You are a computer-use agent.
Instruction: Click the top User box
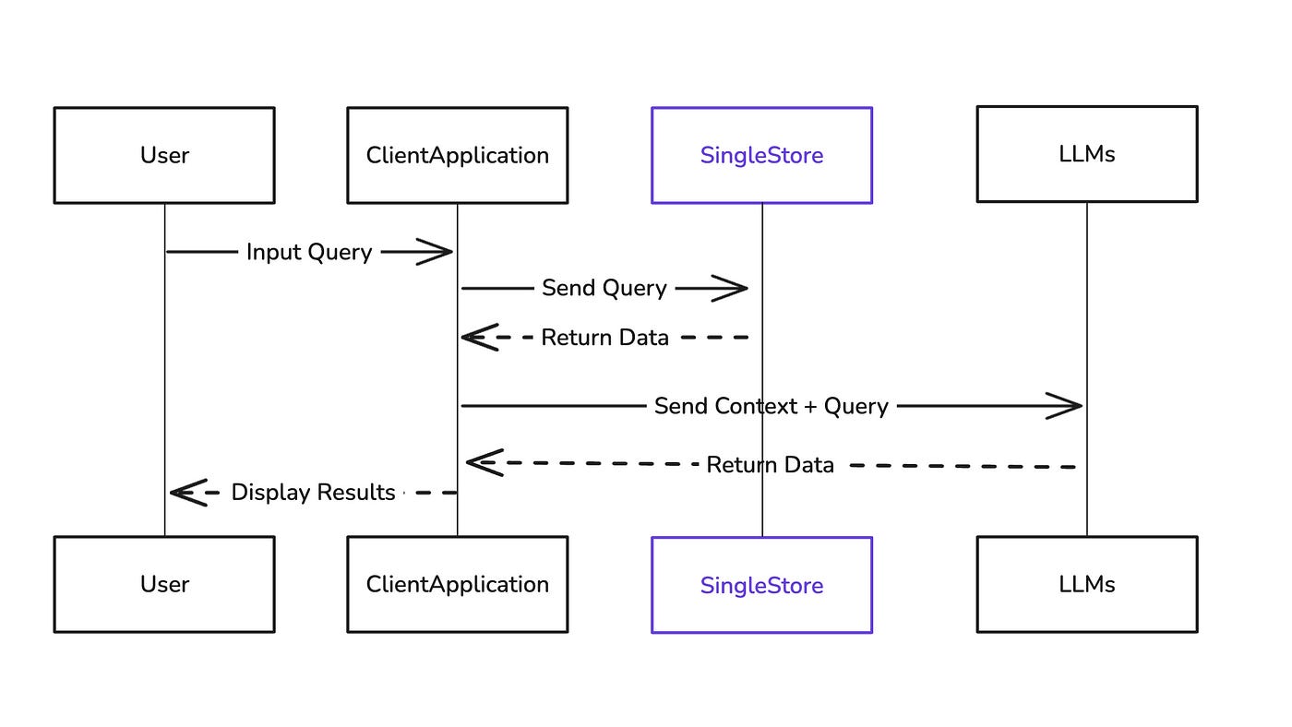click(164, 155)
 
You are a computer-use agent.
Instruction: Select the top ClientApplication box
click(458, 155)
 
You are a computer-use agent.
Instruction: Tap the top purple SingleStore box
click(762, 155)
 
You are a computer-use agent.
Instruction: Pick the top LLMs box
click(1087, 154)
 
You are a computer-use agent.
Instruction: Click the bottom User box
click(164, 585)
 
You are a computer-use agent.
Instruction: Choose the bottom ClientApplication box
click(458, 585)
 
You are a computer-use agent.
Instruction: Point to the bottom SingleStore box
click(762, 585)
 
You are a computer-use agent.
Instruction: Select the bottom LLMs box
click(1087, 585)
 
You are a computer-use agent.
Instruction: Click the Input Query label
click(309, 253)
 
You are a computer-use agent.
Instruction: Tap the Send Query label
click(604, 288)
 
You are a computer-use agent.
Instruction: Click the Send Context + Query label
click(772, 407)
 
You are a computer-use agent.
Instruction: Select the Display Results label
click(313, 493)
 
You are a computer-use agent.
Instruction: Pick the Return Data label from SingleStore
click(605, 338)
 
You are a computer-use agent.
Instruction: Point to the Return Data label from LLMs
click(770, 465)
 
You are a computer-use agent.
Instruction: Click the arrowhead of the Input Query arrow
click(435, 252)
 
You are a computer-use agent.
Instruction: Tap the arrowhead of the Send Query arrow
click(730, 288)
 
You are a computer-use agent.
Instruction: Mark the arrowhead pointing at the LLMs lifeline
click(1064, 407)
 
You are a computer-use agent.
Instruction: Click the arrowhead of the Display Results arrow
click(188, 493)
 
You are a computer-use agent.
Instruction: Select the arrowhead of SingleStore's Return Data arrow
click(480, 338)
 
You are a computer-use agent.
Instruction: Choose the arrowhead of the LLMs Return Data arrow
click(485, 462)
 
